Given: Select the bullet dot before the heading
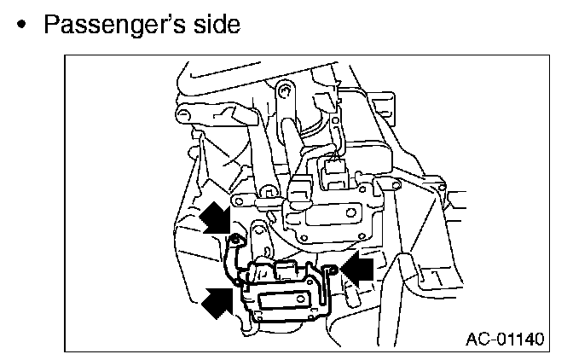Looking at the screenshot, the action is pos(21,25).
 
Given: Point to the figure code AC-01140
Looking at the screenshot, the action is pos(505,339).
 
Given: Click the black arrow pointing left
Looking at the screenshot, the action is pos(357,270).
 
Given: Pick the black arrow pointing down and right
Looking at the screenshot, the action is pos(216,218).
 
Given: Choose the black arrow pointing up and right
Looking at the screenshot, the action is pos(217,303).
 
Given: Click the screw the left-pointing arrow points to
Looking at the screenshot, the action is pos(332,270).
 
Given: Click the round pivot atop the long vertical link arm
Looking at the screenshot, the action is pos(285,90).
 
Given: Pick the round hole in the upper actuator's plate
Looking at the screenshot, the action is pos(350,212).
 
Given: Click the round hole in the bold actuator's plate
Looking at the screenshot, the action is pos(300,299).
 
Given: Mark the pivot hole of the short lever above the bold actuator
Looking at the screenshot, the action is pos(258,229).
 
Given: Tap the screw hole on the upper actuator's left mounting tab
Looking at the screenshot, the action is pos(239,201).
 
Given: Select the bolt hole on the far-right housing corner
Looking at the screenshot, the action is pos(443,188).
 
